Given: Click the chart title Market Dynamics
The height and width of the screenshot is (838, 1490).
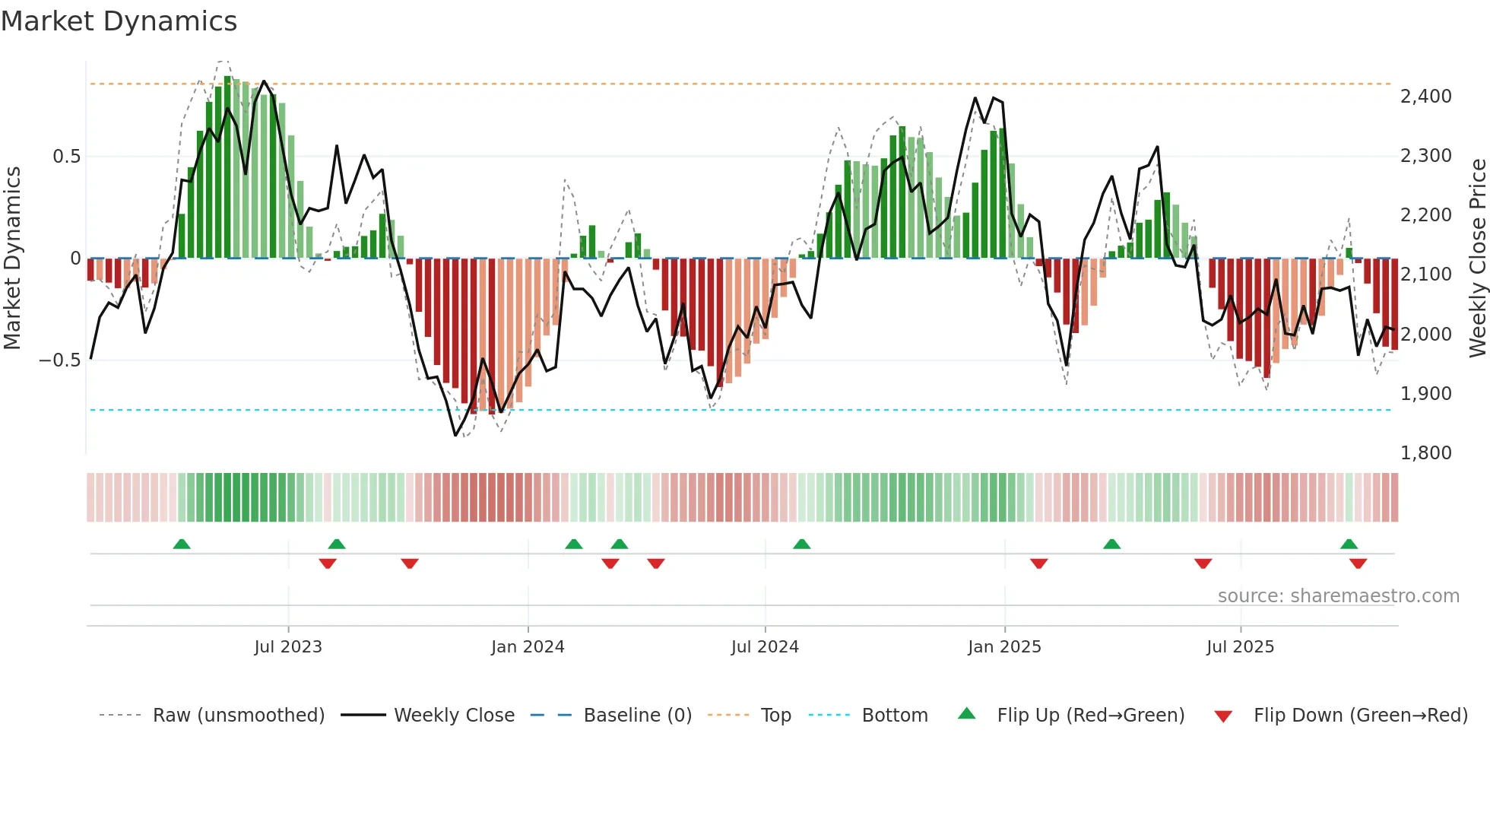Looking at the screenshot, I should coord(119,21).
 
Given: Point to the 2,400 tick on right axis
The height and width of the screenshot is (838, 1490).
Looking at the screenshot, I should coord(1425,97).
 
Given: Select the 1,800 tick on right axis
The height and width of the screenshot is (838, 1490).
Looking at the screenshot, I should coord(1425,453).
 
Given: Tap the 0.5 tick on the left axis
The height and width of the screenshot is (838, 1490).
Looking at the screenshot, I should coord(66,157).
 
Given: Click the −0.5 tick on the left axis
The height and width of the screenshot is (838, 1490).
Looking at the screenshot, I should coord(60,360).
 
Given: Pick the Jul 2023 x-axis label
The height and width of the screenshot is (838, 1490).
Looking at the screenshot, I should coord(288,647).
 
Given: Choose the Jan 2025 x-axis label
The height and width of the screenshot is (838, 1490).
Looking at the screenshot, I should coord(1004,647).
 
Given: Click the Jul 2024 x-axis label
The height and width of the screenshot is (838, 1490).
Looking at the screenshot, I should coord(765,647).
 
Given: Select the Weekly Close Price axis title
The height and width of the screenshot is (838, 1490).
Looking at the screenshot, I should coord(1477,258).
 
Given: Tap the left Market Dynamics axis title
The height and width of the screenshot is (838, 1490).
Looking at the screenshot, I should coord(12,258).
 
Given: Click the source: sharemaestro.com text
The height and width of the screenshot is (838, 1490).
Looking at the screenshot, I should coord(1338,596).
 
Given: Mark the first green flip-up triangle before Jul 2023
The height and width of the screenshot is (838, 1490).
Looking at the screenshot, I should coord(182,544).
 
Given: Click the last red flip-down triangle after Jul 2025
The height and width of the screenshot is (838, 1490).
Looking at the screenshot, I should coord(1358,563).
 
